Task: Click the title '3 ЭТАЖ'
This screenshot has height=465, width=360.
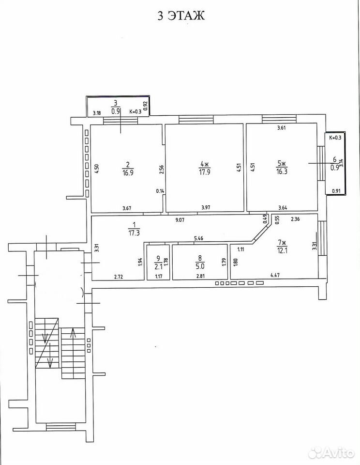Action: coord(181,15)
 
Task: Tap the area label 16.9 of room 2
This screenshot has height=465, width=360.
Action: coord(128,172)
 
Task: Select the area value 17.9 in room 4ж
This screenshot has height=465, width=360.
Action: coord(205,172)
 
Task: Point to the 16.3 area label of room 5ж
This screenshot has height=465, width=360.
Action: coord(282,171)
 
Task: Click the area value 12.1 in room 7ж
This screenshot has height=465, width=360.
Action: coord(282,250)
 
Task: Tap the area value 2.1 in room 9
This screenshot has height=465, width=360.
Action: coord(158,266)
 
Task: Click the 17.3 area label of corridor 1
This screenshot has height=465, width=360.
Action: coord(134,233)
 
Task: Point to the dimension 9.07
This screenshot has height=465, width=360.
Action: coord(180,220)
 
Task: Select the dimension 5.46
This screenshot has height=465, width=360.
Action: coord(198,238)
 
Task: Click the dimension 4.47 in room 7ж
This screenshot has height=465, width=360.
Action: coord(275,276)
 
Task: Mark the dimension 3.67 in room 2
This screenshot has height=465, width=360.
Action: coord(127,208)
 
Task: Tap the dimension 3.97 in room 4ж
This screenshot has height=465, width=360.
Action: coord(206,207)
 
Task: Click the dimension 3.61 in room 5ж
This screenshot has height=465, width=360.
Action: coord(281,128)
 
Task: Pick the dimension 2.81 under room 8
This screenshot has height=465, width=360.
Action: coord(200,276)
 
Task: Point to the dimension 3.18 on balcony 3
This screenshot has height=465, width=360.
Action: coord(97,113)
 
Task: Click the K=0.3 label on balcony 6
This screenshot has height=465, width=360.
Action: coord(335,138)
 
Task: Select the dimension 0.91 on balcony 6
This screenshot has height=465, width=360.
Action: coord(336,191)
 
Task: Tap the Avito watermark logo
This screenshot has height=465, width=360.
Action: coord(331,453)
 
